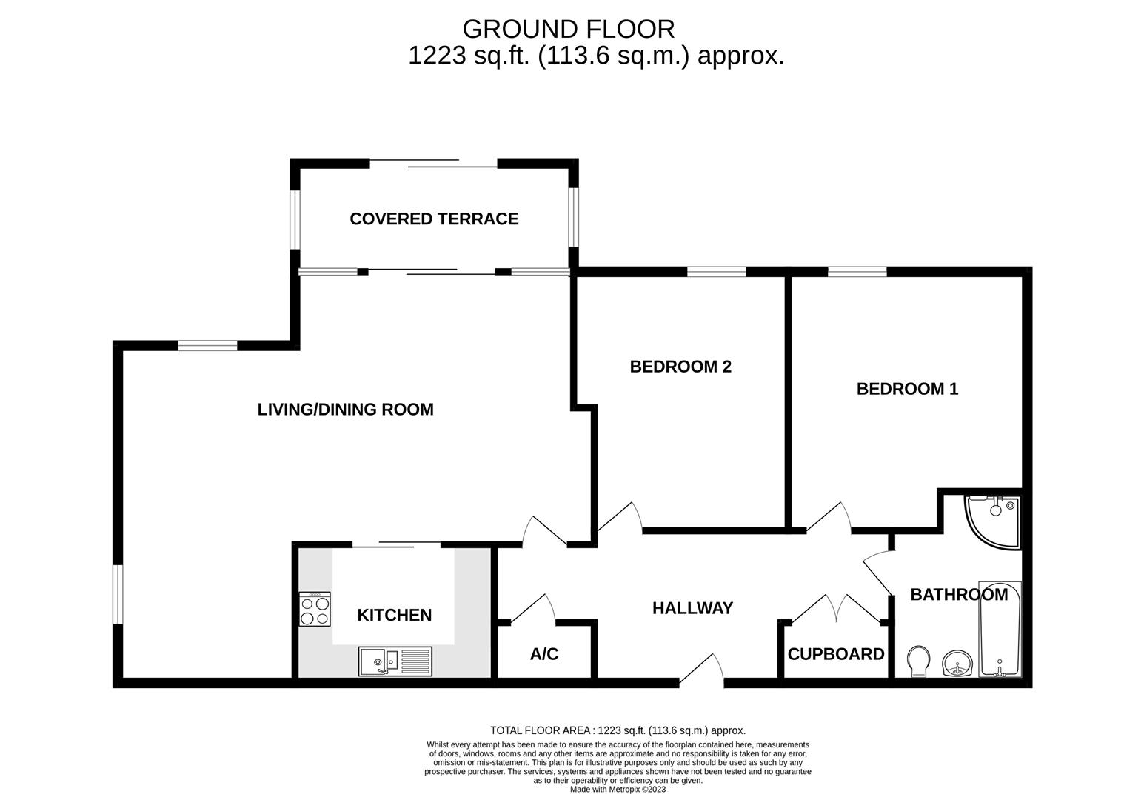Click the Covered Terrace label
(434, 219)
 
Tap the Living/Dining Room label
(345, 409)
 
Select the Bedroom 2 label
(680, 366)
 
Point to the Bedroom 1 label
(907, 388)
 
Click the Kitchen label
(394, 615)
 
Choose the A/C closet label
(544, 654)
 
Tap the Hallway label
(692, 608)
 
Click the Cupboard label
(836, 654)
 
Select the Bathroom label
(958, 594)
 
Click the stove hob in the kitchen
(315, 610)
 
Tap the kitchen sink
(395, 661)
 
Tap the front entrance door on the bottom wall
(702, 671)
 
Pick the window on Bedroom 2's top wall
(716, 271)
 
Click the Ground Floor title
(569, 29)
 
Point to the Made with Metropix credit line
(618, 790)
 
